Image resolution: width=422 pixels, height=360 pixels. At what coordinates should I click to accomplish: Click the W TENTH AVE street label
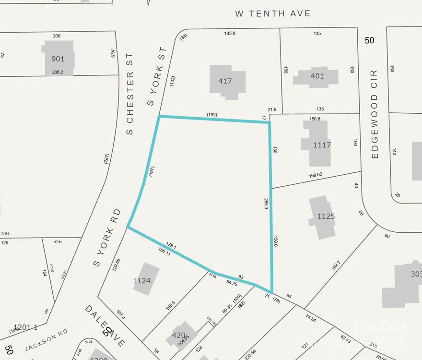pyautogui.click(x=273, y=14)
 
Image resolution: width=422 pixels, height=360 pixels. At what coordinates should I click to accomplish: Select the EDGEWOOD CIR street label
pyautogui.click(x=375, y=114)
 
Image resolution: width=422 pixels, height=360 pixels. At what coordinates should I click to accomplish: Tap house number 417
pyautogui.click(x=225, y=81)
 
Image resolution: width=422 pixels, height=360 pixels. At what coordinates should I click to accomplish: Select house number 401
pyautogui.click(x=317, y=76)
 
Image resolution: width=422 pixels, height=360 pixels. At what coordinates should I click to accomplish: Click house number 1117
pyautogui.click(x=322, y=144)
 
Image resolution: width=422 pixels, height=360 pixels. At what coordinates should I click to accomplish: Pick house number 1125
pyautogui.click(x=326, y=216)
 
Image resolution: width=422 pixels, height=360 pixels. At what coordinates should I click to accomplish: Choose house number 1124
pyautogui.click(x=145, y=280)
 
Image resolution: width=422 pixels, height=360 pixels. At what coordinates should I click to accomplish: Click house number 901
pyautogui.click(x=58, y=59)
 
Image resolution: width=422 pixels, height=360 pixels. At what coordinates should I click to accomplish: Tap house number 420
pyautogui.click(x=178, y=336)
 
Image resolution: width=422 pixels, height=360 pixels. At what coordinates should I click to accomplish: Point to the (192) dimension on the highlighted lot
pyautogui.click(x=212, y=115)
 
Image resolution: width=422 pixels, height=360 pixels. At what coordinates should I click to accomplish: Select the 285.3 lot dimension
pyautogui.click(x=266, y=204)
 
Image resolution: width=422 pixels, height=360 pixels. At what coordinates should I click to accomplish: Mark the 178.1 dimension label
pyautogui.click(x=171, y=247)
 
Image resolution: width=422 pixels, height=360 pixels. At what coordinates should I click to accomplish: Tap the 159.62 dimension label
pyautogui.click(x=316, y=175)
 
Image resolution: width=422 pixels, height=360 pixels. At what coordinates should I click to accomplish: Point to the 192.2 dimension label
pyautogui.click(x=336, y=265)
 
